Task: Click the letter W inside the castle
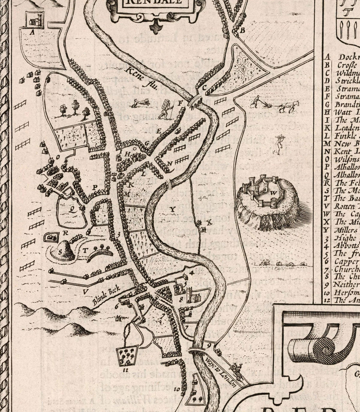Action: pyautogui.click(x=274, y=193)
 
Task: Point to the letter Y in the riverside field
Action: pyautogui.click(x=172, y=209)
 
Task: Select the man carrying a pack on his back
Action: pyautogui.click(x=164, y=110)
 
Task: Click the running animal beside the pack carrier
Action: pyautogui.click(x=142, y=103)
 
